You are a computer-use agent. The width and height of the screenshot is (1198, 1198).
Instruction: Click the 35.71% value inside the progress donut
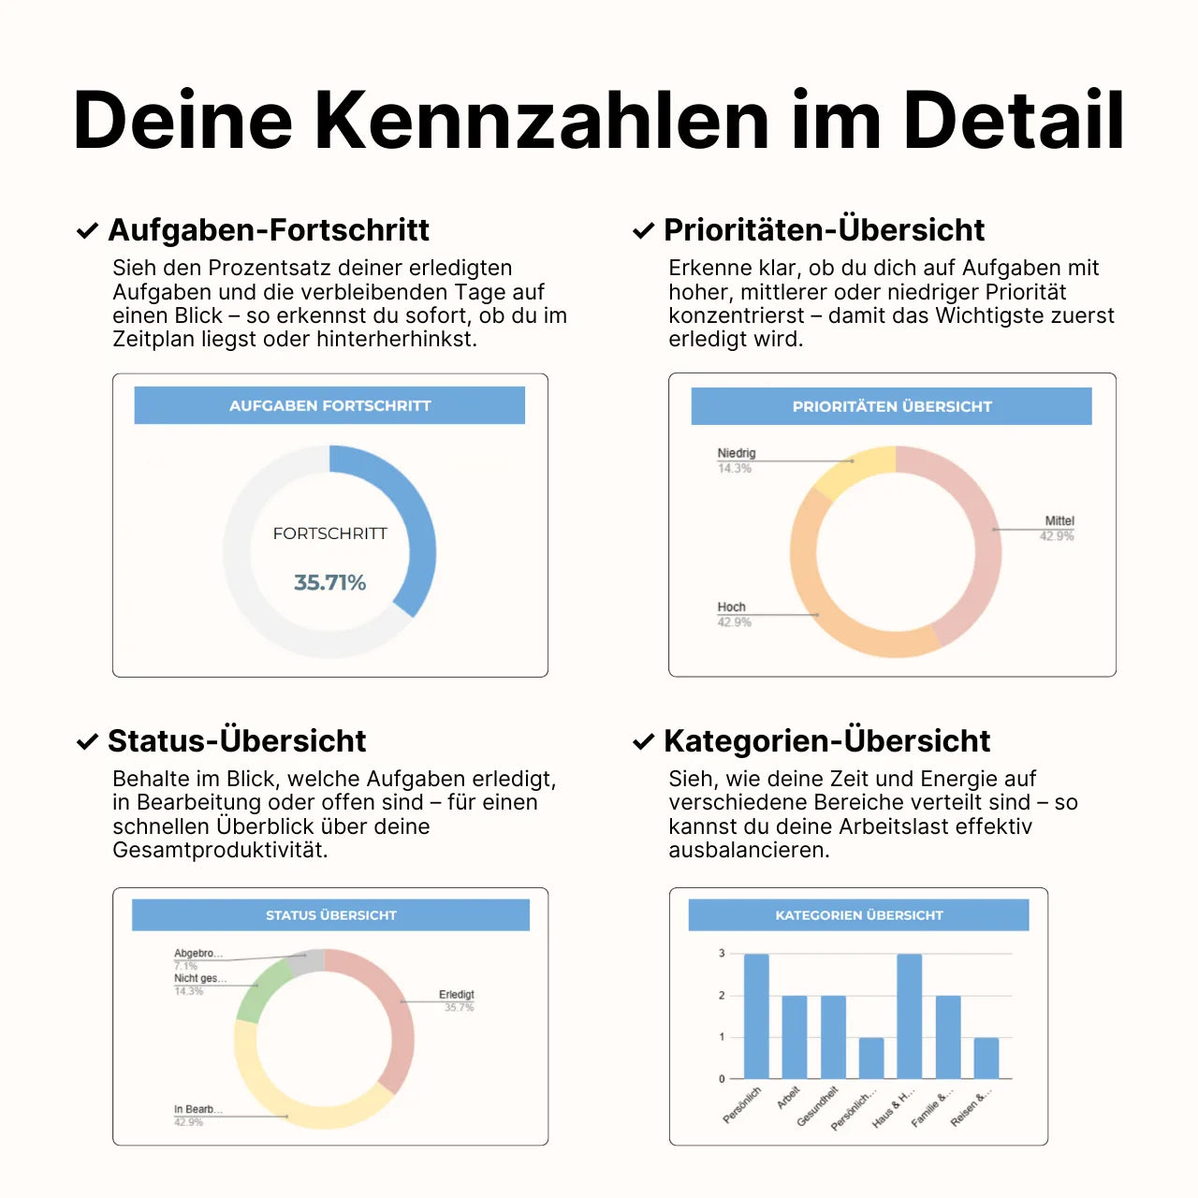pyautogui.click(x=329, y=582)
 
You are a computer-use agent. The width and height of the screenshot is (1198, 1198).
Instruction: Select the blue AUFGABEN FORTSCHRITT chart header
pyautogui.click(x=329, y=405)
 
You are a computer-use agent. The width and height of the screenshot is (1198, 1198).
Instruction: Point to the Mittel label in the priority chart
pyautogui.click(x=1059, y=520)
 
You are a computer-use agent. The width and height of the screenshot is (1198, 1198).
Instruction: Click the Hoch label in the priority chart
pyautogui.click(x=731, y=606)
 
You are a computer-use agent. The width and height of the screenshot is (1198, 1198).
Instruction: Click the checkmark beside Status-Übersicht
pyautogui.click(x=87, y=741)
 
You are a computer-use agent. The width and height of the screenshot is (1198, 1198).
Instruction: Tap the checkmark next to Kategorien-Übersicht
pyautogui.click(x=643, y=741)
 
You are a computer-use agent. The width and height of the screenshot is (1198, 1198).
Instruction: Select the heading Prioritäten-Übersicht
pyautogui.click(x=824, y=229)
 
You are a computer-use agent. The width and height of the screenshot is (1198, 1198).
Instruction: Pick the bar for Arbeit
pyautogui.click(x=794, y=1037)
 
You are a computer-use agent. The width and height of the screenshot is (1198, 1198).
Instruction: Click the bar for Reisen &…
pyautogui.click(x=986, y=1058)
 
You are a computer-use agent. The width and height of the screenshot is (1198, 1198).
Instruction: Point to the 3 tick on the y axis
pyautogui.click(x=722, y=954)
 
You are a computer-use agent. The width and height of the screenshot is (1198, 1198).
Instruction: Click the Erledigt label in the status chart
pyautogui.click(x=457, y=994)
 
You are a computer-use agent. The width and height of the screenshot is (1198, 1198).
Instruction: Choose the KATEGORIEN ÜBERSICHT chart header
pyautogui.click(x=858, y=914)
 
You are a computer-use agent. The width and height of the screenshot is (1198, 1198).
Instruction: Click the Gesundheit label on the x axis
pyautogui.click(x=817, y=1107)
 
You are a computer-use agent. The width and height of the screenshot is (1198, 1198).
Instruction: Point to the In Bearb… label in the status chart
pyautogui.click(x=197, y=1109)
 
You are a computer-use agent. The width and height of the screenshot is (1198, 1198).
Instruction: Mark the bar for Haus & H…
pyautogui.click(x=909, y=1016)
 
